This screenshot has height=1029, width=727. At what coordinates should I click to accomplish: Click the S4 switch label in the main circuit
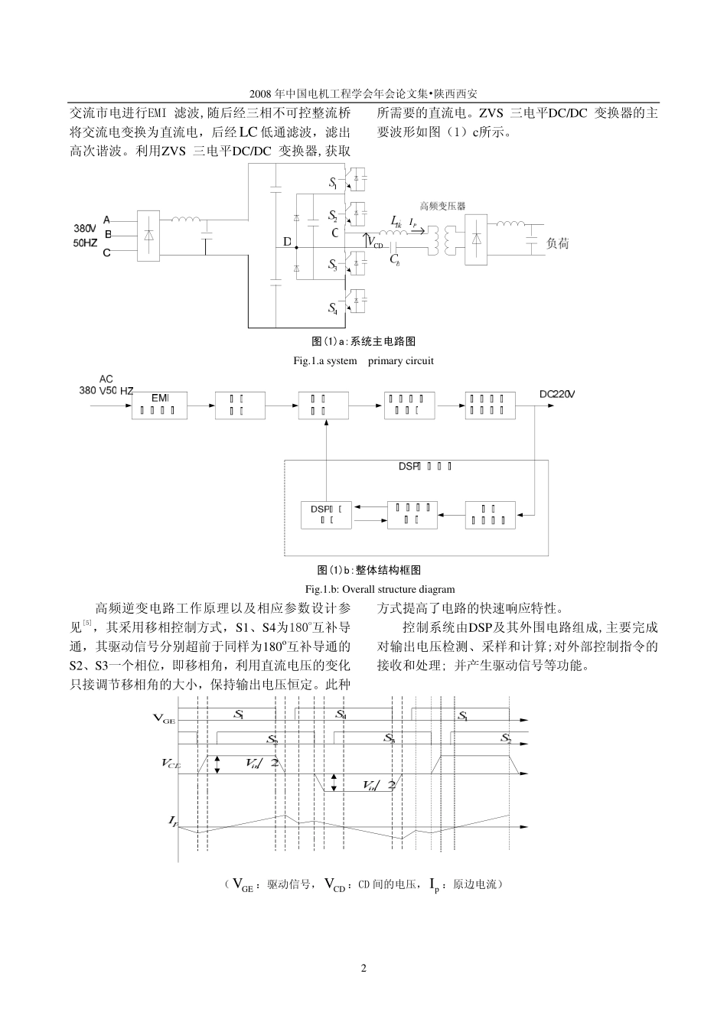point(332,308)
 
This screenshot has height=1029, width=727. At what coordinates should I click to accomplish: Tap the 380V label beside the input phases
point(85,229)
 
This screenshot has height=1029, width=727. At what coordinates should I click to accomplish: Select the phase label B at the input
point(108,235)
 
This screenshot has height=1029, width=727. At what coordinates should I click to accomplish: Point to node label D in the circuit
point(287,243)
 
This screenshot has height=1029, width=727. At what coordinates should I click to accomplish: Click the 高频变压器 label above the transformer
point(442,206)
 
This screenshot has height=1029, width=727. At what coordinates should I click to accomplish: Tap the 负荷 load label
point(557,244)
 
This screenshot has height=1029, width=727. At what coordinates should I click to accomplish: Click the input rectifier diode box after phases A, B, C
point(148,236)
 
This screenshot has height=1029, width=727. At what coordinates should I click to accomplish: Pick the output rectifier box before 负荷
point(477,238)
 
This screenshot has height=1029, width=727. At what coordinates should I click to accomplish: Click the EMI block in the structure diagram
point(159,403)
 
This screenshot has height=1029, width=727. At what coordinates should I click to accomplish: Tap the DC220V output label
point(556,395)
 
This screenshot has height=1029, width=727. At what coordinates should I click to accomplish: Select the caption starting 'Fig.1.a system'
point(363,360)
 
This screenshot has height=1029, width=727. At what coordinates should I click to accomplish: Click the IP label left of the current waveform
point(174,821)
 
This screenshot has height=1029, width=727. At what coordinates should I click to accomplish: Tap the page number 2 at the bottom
point(363,969)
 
